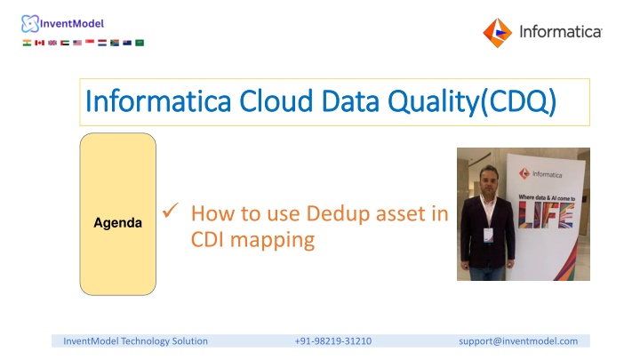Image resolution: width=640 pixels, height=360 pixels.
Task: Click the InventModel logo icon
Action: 30,24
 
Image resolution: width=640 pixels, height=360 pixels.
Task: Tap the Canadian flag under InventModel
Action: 40,43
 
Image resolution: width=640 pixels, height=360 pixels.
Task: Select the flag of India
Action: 27,43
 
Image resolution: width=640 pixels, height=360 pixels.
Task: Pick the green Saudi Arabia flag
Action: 140,43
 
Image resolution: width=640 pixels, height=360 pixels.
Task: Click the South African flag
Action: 115,43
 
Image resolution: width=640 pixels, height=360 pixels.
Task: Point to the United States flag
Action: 77,43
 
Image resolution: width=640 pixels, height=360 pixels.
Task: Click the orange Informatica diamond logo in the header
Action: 497,33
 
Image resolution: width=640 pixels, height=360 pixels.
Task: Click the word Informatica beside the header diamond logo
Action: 560,32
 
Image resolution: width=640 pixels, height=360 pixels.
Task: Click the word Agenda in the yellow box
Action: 118,223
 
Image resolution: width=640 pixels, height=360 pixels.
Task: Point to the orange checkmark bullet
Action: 170,210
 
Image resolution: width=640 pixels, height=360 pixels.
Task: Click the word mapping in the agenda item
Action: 272,240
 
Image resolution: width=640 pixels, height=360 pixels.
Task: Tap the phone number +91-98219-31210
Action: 333,340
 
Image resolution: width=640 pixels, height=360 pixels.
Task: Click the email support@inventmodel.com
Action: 518,340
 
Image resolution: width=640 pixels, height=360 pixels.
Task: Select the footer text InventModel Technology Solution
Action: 135,340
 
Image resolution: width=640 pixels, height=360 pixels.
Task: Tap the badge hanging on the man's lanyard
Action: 488,235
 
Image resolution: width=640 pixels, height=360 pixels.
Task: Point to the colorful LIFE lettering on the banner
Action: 546,215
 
